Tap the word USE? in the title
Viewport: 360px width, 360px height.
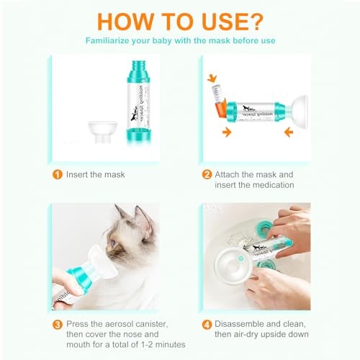coord(231,17)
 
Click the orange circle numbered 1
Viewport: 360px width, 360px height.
coord(55,174)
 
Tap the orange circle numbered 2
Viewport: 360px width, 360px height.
coord(207,174)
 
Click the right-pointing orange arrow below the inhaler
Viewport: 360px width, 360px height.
coord(227,132)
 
